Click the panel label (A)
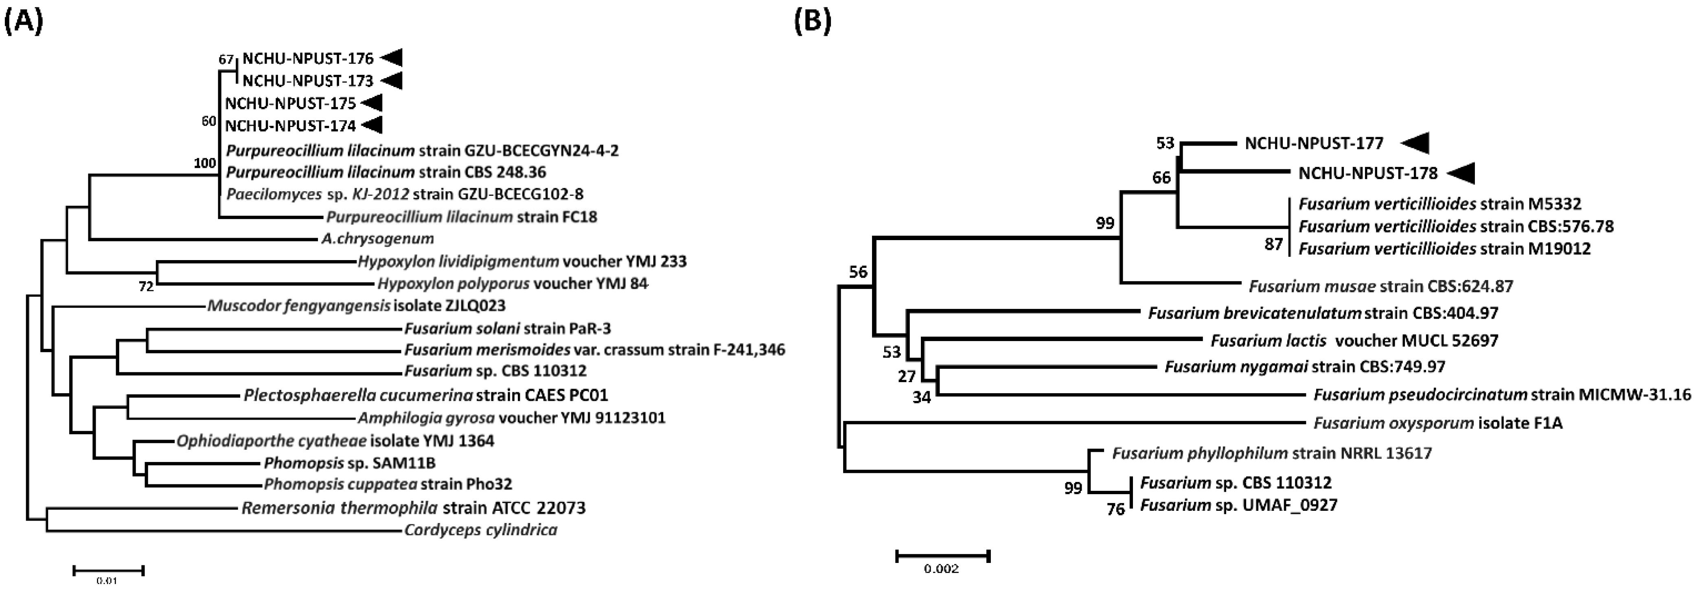click(x=24, y=22)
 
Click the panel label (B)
click(x=813, y=22)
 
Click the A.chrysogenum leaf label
click(x=378, y=239)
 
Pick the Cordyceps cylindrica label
click(x=480, y=530)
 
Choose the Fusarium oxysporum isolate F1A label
click(x=1437, y=423)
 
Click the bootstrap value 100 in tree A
click(x=205, y=163)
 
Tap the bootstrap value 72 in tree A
click(x=146, y=287)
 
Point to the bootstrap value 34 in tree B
click(x=922, y=397)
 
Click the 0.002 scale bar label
click(x=941, y=569)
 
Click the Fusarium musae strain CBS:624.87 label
click(x=1381, y=287)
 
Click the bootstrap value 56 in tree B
click(x=858, y=272)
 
